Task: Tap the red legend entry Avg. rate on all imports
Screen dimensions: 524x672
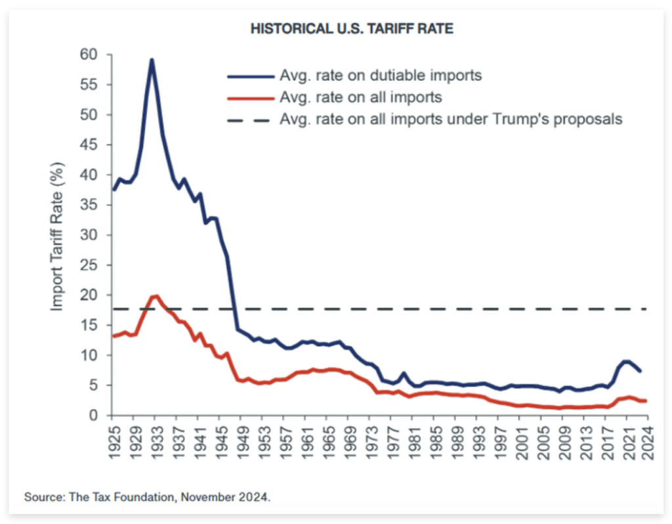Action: (360, 97)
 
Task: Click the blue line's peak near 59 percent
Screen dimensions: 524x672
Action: (152, 60)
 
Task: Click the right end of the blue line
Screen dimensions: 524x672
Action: (640, 371)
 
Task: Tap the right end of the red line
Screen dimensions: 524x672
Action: (646, 401)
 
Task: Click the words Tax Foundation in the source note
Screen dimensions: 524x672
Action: (117, 497)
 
